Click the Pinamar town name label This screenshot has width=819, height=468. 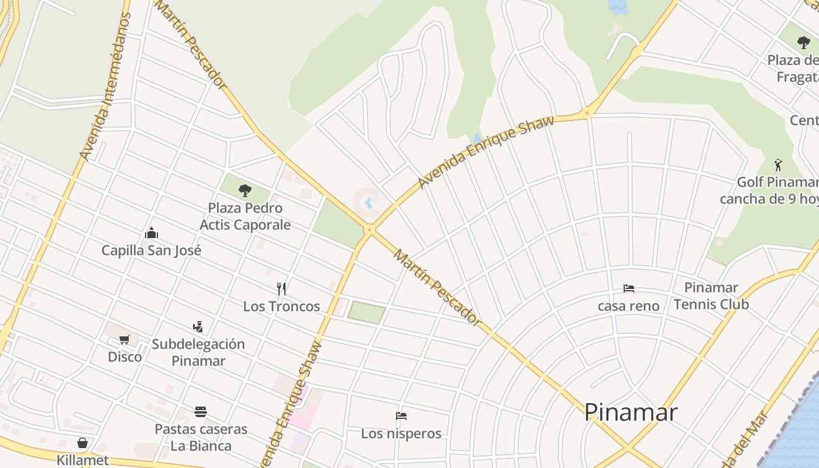point(631,412)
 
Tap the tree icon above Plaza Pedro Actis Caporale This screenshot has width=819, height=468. point(245,190)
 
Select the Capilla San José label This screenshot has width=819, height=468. point(152,250)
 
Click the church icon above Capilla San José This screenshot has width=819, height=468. point(152,233)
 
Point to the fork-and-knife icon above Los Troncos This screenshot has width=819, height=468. point(281,289)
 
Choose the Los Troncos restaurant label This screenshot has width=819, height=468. point(281,306)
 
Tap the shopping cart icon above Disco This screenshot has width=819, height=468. point(124,340)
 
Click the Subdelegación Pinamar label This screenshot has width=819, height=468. point(198,352)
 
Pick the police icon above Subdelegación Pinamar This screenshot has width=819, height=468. point(198,326)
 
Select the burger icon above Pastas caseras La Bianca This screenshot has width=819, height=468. point(201,412)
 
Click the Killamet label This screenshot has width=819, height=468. point(82,460)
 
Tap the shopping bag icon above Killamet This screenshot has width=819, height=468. point(82,443)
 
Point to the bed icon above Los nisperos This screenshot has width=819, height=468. point(401,416)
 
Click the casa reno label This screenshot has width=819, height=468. point(628,306)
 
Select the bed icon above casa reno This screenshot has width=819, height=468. point(629,288)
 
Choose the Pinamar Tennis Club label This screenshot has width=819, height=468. point(711,296)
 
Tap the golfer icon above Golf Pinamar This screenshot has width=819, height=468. point(777,164)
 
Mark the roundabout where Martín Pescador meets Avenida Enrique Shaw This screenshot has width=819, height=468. point(369,230)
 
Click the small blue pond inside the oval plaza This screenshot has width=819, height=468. point(368,203)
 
